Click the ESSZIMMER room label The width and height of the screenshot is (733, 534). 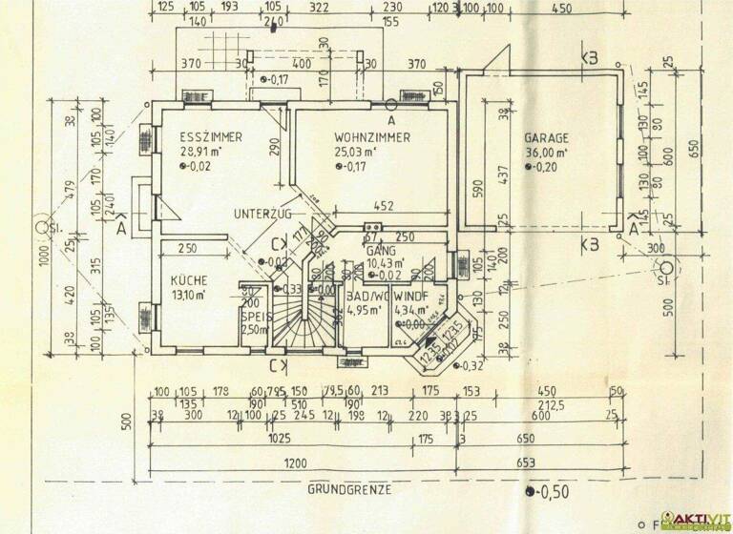click(210, 137)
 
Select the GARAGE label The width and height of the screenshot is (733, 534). click(546, 137)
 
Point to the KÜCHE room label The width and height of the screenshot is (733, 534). click(189, 280)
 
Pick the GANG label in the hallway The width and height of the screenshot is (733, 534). click(380, 250)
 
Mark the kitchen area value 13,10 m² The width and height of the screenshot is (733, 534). click(191, 295)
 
